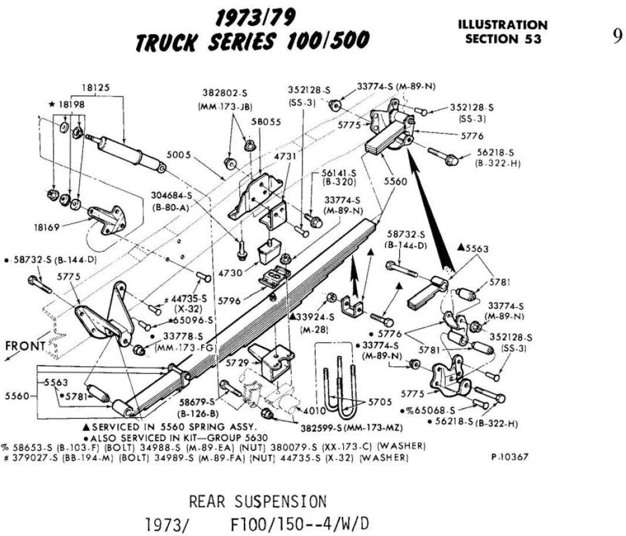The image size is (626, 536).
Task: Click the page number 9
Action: pos(617,36)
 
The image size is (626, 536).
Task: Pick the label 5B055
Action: pos(266,122)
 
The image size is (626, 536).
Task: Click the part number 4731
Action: pos(285,157)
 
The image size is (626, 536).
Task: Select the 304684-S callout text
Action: pos(172,195)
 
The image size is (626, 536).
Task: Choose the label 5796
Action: pos(229,301)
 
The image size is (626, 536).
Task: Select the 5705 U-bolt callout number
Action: pos(381,402)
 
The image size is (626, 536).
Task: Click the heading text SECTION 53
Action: pos(503,39)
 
